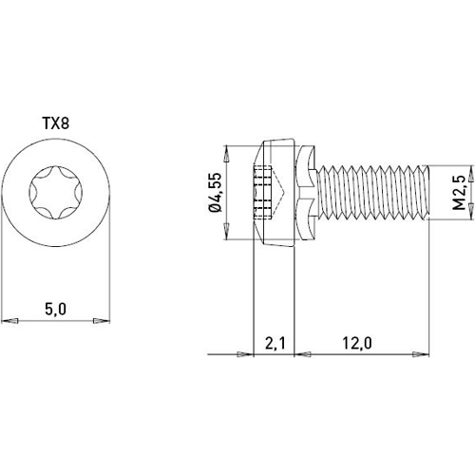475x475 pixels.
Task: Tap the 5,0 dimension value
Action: click(x=56, y=309)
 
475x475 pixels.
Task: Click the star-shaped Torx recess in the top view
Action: click(x=56, y=194)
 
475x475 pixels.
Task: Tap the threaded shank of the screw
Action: click(x=370, y=194)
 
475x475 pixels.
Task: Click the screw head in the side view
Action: click(x=275, y=194)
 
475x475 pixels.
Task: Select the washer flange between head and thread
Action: click(x=305, y=194)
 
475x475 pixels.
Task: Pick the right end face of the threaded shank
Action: click(x=427, y=194)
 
